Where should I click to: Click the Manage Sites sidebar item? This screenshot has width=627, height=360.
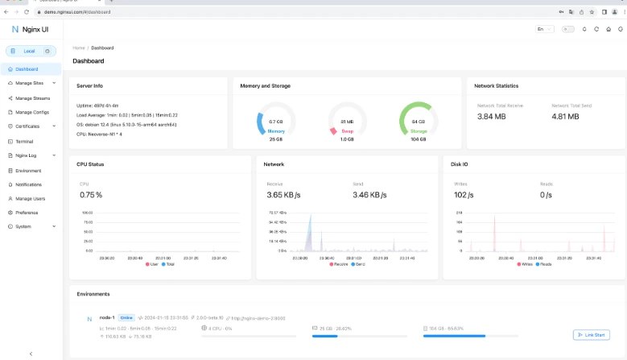[x=29, y=82]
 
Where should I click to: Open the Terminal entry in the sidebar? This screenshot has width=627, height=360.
[x=26, y=140]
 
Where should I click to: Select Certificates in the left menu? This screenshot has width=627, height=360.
[x=27, y=126]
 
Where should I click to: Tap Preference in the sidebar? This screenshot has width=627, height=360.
[x=27, y=213]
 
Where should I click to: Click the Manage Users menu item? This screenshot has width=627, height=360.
[x=31, y=198]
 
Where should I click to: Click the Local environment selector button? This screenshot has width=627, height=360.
[x=30, y=51]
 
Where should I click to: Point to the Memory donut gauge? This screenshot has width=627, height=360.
[x=276, y=122]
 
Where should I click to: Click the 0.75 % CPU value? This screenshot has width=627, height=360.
[x=91, y=195]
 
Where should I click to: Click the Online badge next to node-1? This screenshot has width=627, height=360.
[x=127, y=318]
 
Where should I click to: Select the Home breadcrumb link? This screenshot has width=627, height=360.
[x=78, y=48]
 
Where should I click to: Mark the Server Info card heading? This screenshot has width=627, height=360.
[x=89, y=85]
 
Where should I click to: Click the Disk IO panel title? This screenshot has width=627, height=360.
[x=462, y=164]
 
